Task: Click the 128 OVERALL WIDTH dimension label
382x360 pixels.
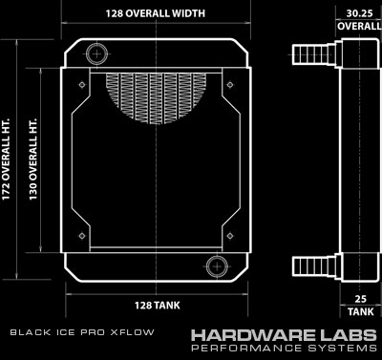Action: click(x=156, y=13)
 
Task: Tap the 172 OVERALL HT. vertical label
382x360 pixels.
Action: click(x=6, y=159)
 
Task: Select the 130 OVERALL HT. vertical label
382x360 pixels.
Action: click(x=33, y=159)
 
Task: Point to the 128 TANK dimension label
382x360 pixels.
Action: click(x=157, y=306)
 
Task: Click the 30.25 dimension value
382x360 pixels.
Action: click(x=359, y=13)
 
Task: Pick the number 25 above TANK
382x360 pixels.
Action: click(x=361, y=299)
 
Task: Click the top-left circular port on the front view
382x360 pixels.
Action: click(x=96, y=53)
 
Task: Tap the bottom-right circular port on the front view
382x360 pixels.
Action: click(x=217, y=266)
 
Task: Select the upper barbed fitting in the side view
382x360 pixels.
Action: click(x=314, y=54)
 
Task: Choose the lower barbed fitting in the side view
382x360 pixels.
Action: click(x=314, y=265)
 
